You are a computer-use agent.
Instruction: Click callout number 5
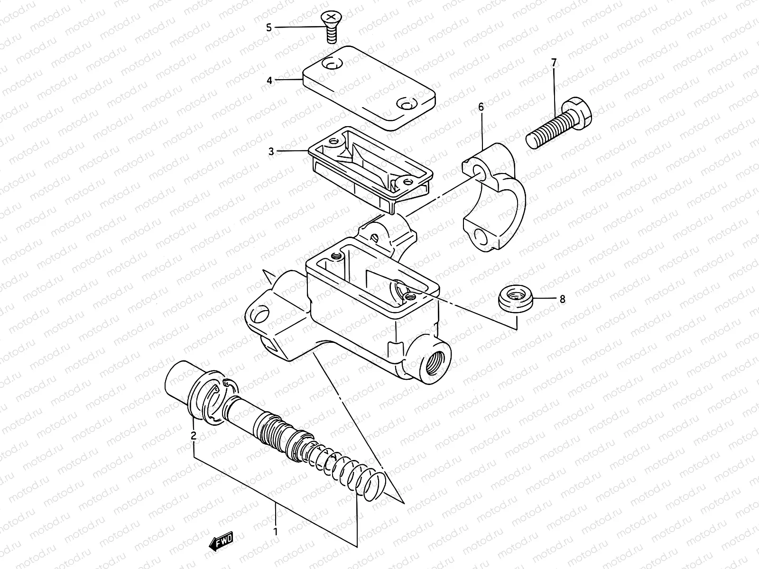pos(269,28)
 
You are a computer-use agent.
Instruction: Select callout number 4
pos(269,81)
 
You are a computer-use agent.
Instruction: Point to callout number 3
pos(271,152)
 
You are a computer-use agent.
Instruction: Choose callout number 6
pos(481,107)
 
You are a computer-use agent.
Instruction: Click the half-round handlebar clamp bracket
pos(493,199)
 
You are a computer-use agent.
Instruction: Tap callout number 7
pos(554,63)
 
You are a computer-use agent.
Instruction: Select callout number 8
pos(563,299)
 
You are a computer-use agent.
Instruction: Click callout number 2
pos(194,435)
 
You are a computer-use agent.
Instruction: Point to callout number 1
pos(275,531)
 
